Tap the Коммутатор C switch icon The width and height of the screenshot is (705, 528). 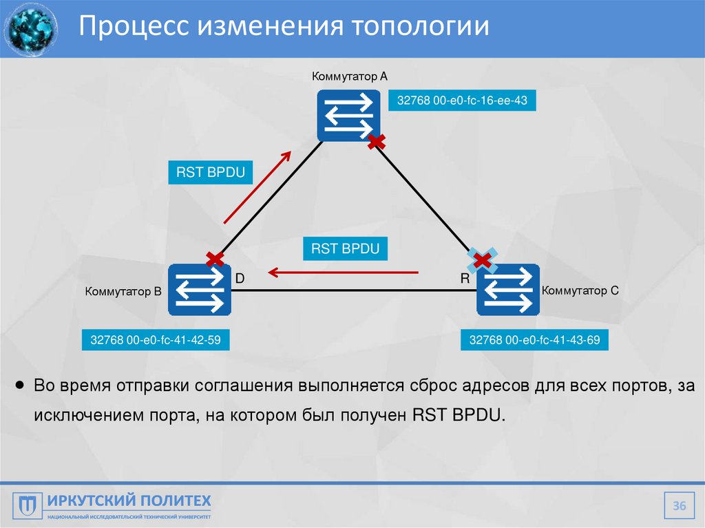[508, 290]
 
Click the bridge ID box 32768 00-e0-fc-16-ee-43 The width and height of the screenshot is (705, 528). [462, 101]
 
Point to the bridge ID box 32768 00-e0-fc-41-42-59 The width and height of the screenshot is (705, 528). [156, 340]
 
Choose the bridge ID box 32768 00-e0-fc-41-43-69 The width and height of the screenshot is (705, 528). [534, 340]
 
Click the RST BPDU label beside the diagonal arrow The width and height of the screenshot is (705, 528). [211, 172]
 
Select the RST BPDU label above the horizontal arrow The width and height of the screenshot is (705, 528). [345, 249]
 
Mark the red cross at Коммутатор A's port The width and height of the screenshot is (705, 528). [376, 142]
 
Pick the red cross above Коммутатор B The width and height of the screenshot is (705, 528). [215, 259]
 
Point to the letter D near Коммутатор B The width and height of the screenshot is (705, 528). [240, 278]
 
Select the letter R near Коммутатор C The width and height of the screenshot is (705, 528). [465, 278]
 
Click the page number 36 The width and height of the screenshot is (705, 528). [680, 507]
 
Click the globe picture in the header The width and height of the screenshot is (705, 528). [30, 28]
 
